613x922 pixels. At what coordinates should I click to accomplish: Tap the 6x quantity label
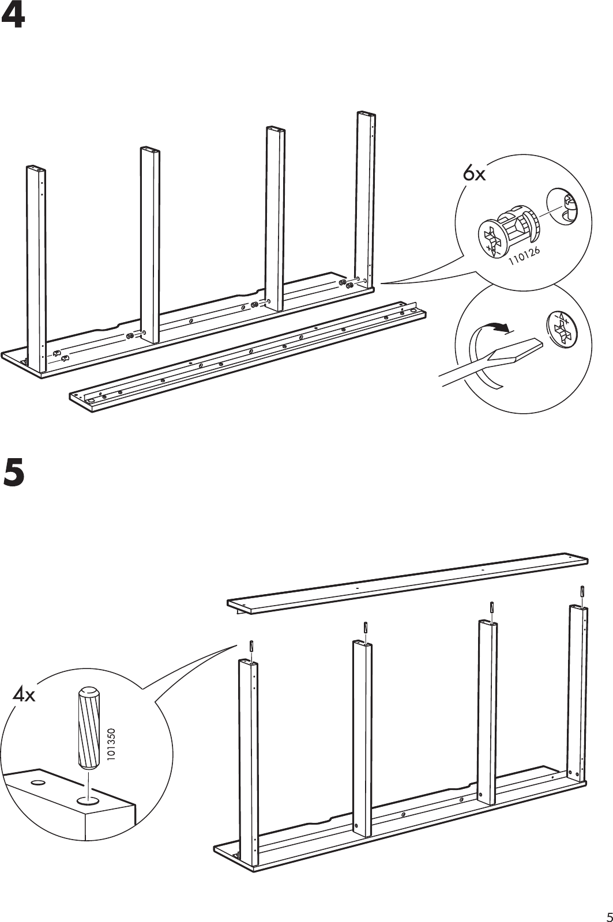click(x=475, y=173)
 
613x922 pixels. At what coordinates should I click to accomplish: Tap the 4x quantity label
click(x=24, y=696)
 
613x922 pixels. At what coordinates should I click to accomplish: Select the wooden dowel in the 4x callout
click(x=88, y=728)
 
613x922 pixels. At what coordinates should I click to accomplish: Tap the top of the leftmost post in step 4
click(x=36, y=168)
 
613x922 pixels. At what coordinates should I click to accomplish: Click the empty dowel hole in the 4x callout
click(x=39, y=782)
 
